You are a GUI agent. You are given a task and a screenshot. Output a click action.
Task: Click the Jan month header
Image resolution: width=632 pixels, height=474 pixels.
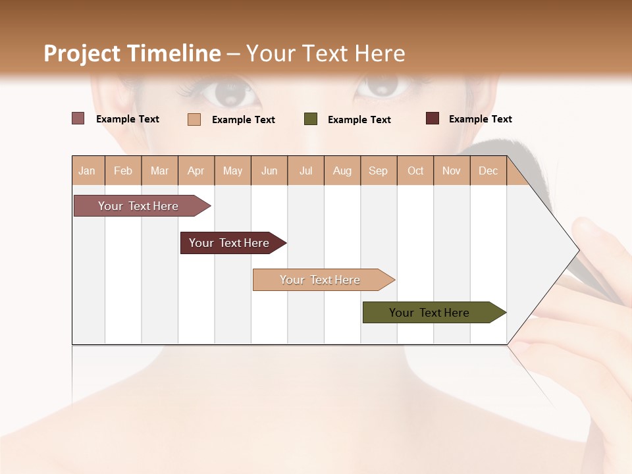(87, 171)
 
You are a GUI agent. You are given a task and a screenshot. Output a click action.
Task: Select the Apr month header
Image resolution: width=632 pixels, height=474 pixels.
(196, 171)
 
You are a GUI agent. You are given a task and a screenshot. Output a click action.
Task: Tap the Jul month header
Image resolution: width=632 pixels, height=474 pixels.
(306, 171)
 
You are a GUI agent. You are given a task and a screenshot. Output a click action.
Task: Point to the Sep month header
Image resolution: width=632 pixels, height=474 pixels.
(378, 171)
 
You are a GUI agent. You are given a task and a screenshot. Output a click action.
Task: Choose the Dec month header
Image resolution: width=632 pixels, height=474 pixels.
(488, 171)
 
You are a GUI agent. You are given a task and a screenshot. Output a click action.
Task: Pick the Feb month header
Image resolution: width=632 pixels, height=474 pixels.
(123, 171)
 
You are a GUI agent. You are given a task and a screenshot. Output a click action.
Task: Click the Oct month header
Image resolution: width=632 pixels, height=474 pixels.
(415, 171)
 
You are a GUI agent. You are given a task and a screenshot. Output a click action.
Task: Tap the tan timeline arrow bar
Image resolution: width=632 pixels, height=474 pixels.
(321, 280)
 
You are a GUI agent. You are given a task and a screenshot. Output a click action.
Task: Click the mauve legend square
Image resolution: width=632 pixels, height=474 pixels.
(78, 118)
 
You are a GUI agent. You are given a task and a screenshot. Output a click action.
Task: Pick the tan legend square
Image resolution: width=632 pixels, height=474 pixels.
(194, 119)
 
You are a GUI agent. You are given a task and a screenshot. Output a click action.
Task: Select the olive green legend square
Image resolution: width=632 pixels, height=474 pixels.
(311, 119)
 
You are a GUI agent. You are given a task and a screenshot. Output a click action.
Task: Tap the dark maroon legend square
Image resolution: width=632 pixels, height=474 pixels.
(433, 118)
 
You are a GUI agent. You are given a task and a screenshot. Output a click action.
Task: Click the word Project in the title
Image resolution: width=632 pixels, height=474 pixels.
(83, 53)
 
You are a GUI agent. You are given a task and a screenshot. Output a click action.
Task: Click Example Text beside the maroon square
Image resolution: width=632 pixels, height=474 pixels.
(480, 119)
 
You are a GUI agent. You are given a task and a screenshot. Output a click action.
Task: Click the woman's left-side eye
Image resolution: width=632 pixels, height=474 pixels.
(229, 92)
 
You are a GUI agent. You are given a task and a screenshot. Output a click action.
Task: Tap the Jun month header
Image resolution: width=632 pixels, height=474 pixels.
(269, 171)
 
